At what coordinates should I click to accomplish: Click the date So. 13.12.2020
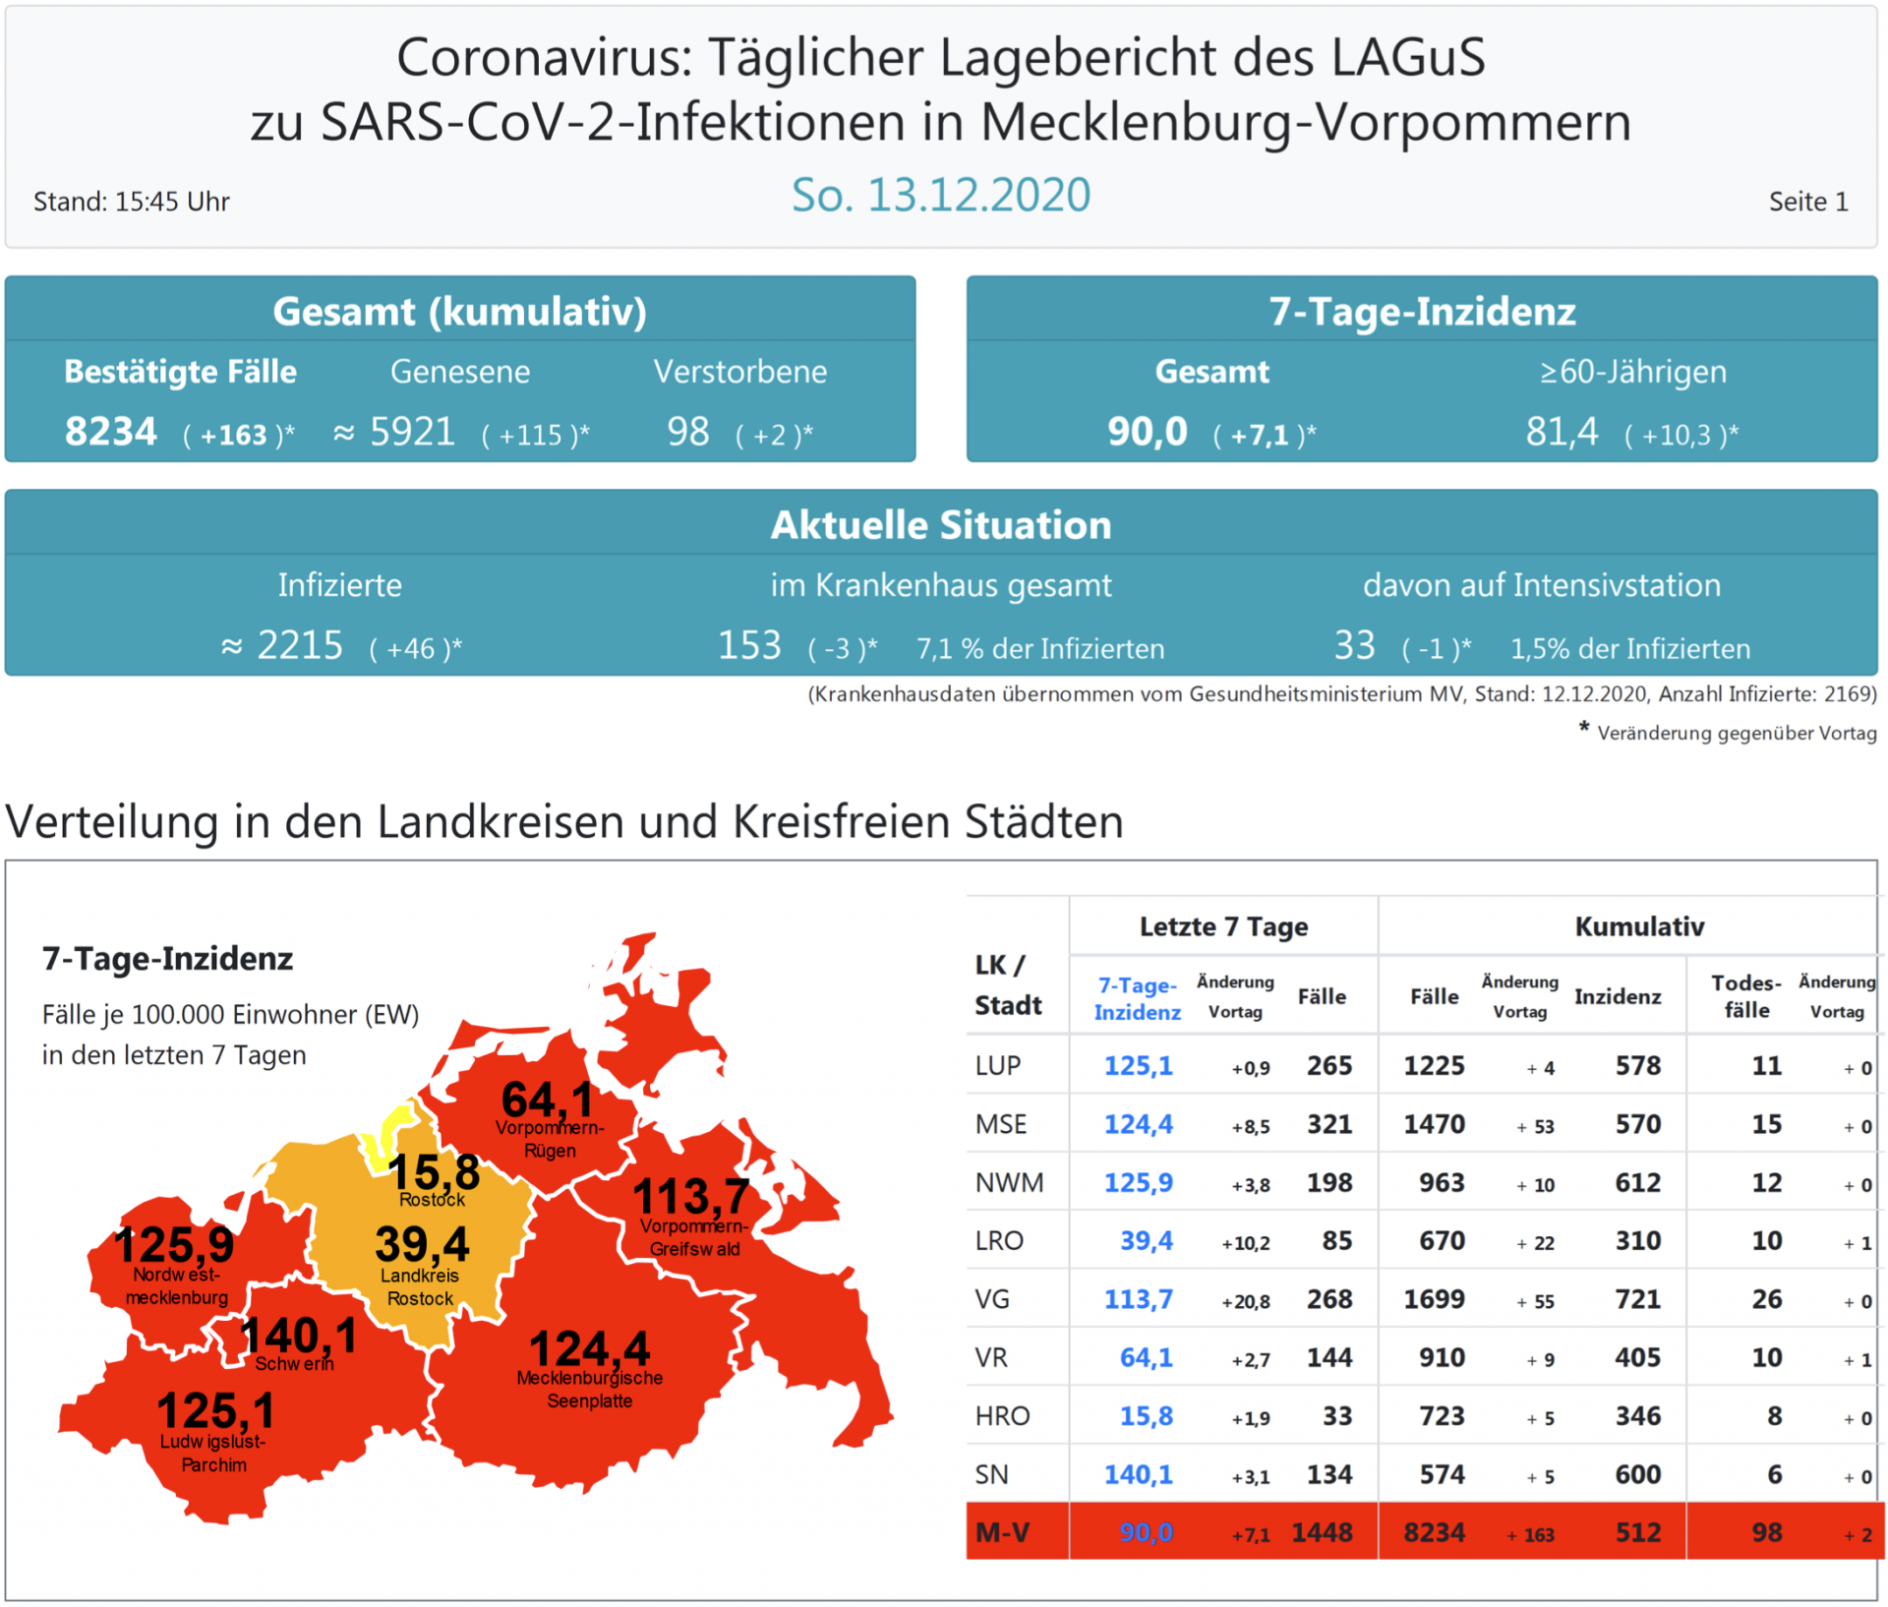coord(941,195)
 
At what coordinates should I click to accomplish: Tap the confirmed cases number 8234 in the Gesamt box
coord(111,432)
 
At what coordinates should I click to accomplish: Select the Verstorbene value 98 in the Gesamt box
coord(688,432)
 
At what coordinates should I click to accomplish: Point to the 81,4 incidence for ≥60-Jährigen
coord(1562,432)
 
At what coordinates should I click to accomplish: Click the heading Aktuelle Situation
coord(941,525)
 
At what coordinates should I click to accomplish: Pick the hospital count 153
coord(749,646)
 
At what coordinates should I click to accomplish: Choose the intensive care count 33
coord(1354,646)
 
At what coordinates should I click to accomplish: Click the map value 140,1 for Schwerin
coord(299,1336)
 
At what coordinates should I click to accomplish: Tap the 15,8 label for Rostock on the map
coord(434,1171)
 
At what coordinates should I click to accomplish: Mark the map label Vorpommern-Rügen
coord(550,1139)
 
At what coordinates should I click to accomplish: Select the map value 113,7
coord(691,1196)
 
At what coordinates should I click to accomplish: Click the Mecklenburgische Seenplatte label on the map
coord(590,1389)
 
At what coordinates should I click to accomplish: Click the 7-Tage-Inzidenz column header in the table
coord(1138,998)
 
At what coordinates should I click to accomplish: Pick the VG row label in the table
coord(992,1299)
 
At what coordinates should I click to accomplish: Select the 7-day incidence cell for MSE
coord(1138,1124)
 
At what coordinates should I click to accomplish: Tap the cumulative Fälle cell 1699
coord(1434,1299)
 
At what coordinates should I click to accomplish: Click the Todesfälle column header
coord(1745,996)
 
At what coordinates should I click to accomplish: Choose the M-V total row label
coord(1002,1532)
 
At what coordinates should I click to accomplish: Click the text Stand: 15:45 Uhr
coord(132,202)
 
